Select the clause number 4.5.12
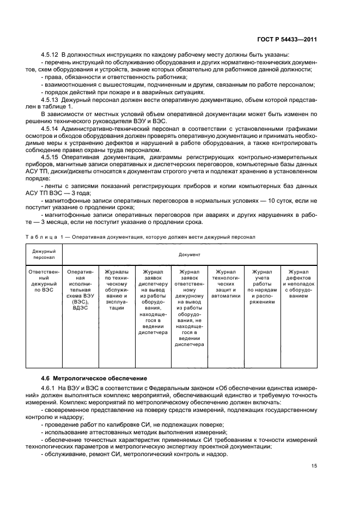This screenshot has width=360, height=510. pyautogui.click(x=50, y=54)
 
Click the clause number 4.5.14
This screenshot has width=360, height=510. pyautogui.click(x=50, y=127)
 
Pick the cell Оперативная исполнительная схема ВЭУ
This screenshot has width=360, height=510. pyautogui.click(x=80, y=289)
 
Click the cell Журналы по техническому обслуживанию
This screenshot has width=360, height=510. pyautogui.click(x=117, y=289)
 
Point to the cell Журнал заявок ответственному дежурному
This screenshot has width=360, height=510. pyautogui.click(x=189, y=307)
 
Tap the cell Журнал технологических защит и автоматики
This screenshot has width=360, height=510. pyautogui.click(x=225, y=283)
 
